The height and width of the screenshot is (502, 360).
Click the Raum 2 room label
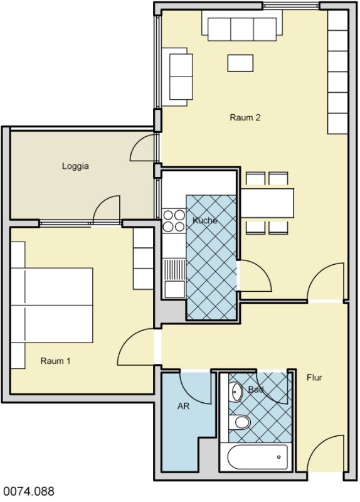(x=245, y=117)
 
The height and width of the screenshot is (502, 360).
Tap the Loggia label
(x=75, y=166)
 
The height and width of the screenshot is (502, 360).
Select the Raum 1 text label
(x=55, y=361)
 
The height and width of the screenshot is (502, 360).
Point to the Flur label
(x=314, y=378)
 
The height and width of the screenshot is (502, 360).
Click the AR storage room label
(x=183, y=406)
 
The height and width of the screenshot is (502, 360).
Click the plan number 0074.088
(x=28, y=491)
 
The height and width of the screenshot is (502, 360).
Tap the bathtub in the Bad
(x=258, y=457)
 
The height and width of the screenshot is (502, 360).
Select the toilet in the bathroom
(x=240, y=422)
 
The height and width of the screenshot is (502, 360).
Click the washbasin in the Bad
(x=236, y=391)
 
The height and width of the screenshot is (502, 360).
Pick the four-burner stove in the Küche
(x=174, y=221)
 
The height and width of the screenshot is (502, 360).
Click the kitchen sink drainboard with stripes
(x=174, y=269)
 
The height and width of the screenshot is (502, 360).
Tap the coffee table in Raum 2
(x=240, y=63)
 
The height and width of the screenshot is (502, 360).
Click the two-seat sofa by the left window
(x=177, y=77)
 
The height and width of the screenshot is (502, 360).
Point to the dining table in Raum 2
(x=267, y=203)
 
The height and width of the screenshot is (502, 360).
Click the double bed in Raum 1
(x=52, y=306)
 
